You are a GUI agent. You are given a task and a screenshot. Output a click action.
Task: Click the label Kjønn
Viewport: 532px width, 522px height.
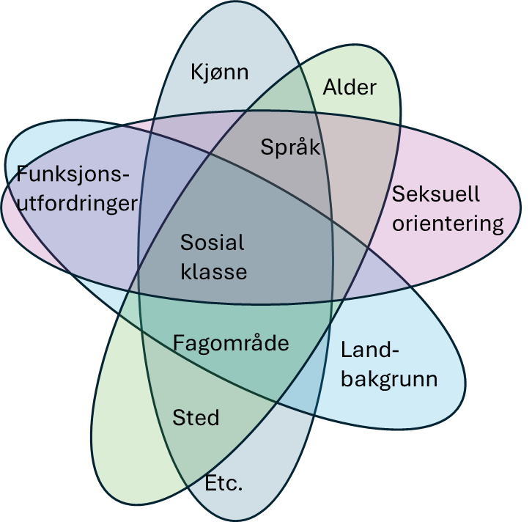[219, 72]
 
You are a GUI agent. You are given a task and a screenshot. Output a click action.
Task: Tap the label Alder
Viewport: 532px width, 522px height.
[350, 88]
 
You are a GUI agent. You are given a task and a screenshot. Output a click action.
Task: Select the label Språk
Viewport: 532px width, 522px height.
[290, 147]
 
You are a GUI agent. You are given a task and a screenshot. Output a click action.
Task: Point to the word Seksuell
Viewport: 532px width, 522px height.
[436, 194]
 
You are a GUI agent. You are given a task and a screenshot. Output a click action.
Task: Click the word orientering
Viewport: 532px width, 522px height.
[448, 224]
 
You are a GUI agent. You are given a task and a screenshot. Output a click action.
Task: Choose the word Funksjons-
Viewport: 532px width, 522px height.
[73, 174]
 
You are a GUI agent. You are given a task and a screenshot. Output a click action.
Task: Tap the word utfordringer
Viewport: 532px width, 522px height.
[77, 202]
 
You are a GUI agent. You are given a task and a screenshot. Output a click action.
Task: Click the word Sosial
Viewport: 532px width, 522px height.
[213, 242]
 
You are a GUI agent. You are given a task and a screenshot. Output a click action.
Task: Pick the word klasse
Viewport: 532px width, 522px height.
[214, 271]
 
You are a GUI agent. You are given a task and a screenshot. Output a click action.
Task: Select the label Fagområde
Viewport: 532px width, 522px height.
[231, 342]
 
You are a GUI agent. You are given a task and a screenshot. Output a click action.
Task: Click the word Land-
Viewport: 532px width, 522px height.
[370, 350]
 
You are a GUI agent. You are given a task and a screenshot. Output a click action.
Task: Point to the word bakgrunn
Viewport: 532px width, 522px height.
[389, 379]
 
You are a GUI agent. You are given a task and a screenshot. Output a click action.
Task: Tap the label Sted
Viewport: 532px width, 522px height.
[196, 418]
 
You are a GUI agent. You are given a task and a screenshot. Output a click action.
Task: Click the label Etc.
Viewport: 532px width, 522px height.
[224, 484]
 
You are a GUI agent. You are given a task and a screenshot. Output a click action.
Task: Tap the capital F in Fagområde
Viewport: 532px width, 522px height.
[179, 342]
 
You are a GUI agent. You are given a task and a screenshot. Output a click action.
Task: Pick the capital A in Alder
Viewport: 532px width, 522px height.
[330, 88]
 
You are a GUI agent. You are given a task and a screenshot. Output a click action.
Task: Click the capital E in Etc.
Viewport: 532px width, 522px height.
[211, 484]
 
